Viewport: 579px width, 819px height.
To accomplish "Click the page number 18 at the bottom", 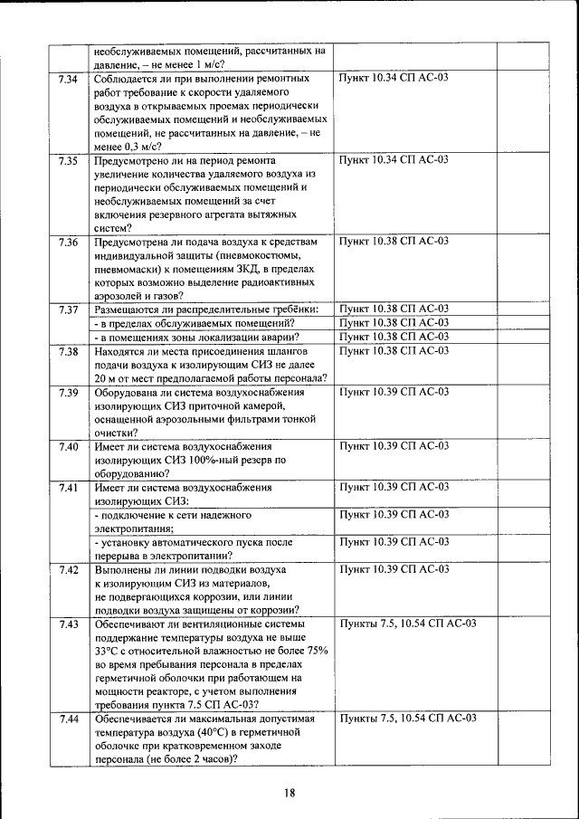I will (x=289, y=793).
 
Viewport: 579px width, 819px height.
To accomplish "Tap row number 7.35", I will (x=68, y=161).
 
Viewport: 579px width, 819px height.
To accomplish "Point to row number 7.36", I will (x=68, y=243).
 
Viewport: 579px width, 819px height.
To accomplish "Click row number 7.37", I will (x=68, y=310).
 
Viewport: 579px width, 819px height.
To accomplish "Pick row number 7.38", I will (x=68, y=351).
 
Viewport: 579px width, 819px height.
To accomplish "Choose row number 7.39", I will (x=68, y=393).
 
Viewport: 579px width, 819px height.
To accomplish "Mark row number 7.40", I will (x=68, y=447).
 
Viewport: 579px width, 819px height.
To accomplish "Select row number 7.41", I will (x=68, y=488).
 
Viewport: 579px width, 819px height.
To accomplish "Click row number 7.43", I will (x=68, y=624).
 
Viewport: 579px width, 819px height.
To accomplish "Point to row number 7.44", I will (x=68, y=719).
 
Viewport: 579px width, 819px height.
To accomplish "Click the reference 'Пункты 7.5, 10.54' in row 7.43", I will (x=395, y=624).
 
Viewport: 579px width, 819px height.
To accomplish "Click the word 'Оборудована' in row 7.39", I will (x=128, y=393).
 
